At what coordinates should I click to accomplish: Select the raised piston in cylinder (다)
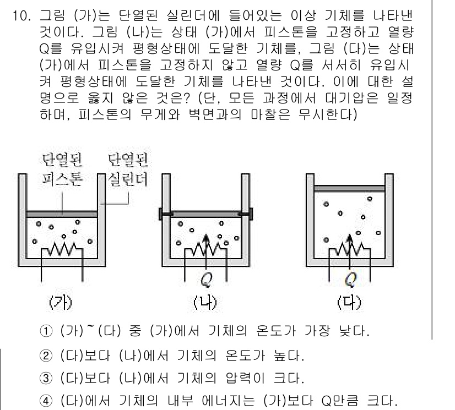349,188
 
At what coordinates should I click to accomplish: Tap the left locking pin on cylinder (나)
164,214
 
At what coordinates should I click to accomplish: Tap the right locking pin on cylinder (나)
247,214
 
